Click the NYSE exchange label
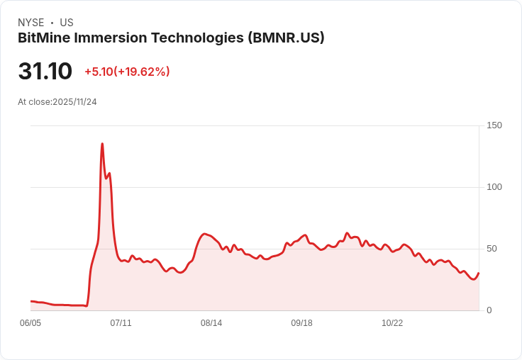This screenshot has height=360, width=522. click(x=30, y=23)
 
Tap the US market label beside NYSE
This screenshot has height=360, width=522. click(x=67, y=23)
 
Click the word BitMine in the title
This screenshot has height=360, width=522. click(x=44, y=38)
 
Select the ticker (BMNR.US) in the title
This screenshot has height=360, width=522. click(x=286, y=38)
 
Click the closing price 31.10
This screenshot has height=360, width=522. click(x=45, y=72)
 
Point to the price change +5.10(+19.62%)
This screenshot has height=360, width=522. click(x=127, y=72)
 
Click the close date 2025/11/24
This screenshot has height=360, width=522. click(x=74, y=102)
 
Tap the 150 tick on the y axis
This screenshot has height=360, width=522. click(x=494, y=125)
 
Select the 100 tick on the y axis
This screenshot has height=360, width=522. click(x=494, y=187)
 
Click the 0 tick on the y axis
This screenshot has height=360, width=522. click(x=489, y=310)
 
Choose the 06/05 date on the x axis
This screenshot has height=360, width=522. click(x=30, y=323)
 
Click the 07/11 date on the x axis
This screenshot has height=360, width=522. click(x=121, y=323)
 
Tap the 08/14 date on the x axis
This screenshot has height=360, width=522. click(x=211, y=323)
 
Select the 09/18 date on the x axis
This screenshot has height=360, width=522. click(x=301, y=323)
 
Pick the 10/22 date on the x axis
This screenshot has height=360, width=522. click(x=392, y=323)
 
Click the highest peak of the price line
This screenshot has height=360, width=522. click(x=102, y=144)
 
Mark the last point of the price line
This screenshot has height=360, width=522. click(x=479, y=273)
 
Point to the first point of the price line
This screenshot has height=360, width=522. click(x=30, y=301)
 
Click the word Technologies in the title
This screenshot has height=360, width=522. click(x=199, y=38)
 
